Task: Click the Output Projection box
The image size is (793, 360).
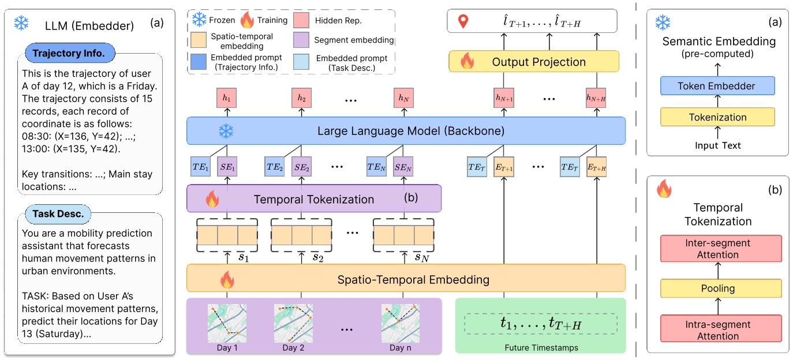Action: [534, 62]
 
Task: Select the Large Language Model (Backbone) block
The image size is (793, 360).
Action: [406, 131]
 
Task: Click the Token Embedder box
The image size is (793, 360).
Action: [717, 86]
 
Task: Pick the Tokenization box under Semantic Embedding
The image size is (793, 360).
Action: [717, 117]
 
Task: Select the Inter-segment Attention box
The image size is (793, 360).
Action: [717, 248]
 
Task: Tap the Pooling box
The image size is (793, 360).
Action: [717, 288]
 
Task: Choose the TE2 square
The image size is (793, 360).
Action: [275, 166]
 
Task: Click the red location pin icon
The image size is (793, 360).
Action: [462, 22]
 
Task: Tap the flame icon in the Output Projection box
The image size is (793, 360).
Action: [466, 61]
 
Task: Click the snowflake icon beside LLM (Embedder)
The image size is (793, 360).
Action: [21, 24]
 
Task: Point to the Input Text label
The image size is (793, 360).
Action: [717, 145]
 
